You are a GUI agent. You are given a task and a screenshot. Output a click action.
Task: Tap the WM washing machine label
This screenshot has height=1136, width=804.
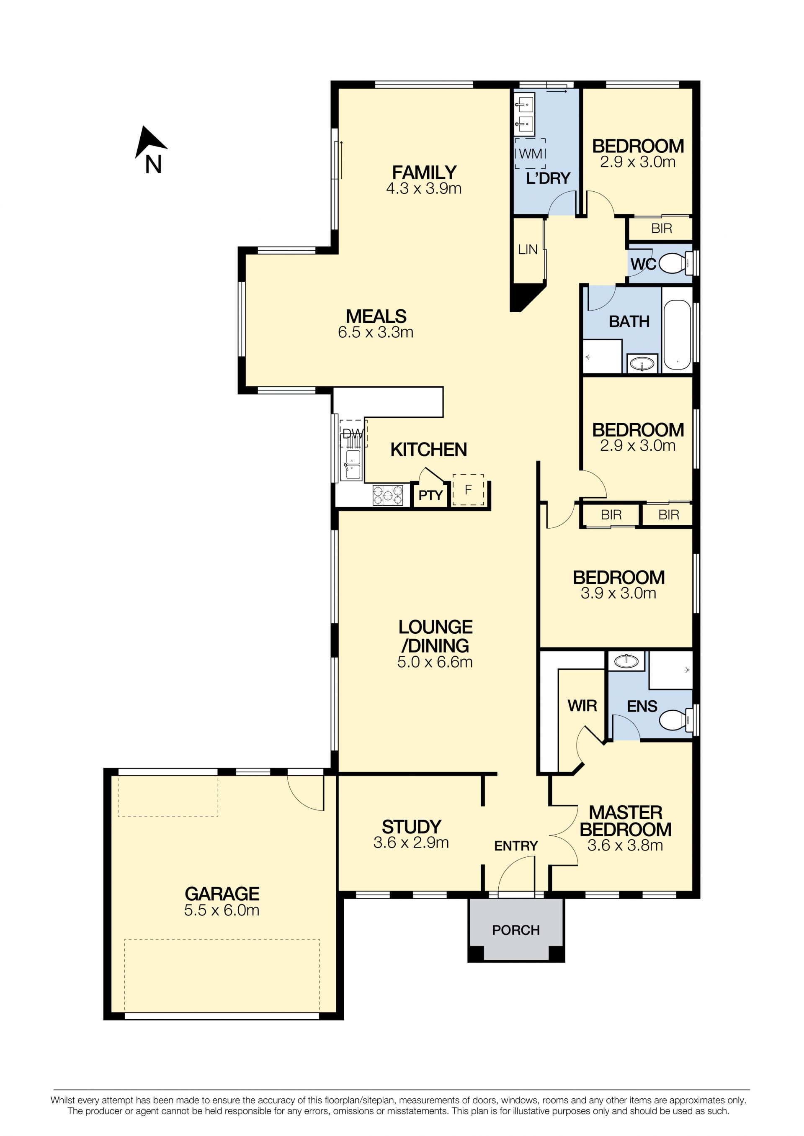click(530, 154)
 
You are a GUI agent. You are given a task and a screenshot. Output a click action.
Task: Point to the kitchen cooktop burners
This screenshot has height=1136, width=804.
click(388, 495)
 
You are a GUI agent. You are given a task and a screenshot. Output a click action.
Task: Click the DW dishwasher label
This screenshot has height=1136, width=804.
click(353, 434)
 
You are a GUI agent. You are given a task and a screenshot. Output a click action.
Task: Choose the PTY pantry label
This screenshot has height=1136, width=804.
click(430, 495)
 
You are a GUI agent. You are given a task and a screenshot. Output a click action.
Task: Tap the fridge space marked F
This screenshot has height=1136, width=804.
click(468, 490)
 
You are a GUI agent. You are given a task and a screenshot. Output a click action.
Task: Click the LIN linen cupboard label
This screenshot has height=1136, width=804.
click(528, 249)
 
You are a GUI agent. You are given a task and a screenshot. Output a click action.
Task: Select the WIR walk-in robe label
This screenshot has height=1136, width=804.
click(582, 706)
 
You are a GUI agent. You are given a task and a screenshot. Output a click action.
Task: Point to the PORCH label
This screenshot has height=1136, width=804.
click(516, 930)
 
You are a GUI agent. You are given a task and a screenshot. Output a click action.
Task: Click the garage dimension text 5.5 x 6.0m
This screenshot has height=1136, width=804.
click(222, 910)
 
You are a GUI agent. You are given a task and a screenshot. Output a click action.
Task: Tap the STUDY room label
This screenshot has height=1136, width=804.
click(411, 827)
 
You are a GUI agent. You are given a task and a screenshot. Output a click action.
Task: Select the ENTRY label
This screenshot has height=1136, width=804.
click(516, 846)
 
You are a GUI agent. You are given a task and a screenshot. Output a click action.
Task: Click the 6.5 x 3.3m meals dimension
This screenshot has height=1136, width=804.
click(376, 332)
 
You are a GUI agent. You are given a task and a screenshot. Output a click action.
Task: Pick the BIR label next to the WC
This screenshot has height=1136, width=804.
click(662, 229)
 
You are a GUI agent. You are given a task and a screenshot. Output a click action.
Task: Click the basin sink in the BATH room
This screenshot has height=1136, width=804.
click(642, 364)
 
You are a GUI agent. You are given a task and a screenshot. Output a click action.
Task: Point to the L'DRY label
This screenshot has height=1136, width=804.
click(549, 178)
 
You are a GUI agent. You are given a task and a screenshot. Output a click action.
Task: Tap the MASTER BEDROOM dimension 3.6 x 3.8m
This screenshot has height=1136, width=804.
click(625, 845)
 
